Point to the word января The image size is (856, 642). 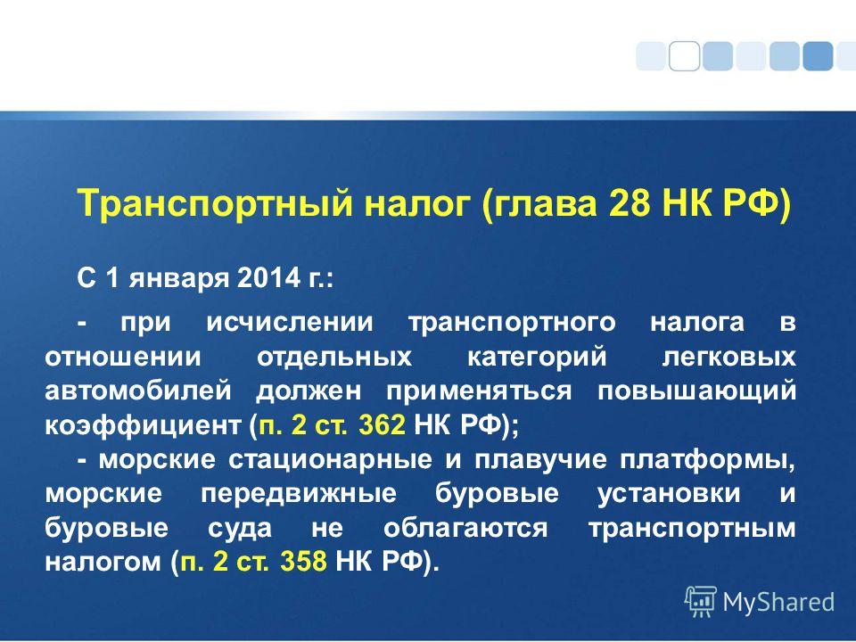point(178,280)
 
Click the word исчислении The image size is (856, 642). point(290,323)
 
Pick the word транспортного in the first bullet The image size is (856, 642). point(512,324)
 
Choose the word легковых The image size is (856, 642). point(728,358)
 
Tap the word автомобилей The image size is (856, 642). point(139,391)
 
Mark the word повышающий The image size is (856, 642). point(696,392)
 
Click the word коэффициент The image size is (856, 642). point(143,426)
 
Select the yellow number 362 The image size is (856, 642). point(383,424)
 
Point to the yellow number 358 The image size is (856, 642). point(303,561)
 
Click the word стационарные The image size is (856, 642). point(330,460)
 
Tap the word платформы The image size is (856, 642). point(707,461)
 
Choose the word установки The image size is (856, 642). point(669,494)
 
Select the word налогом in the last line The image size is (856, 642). point(103,562)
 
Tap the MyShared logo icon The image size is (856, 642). point(701,602)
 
